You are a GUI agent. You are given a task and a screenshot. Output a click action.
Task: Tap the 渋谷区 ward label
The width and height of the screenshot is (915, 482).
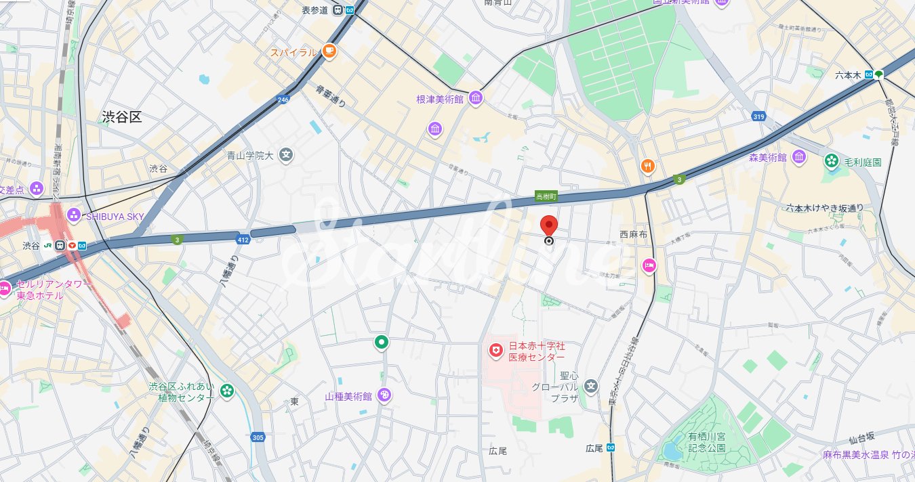click(x=122, y=117)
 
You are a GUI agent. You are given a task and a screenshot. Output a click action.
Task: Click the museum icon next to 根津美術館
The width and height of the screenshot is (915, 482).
click(x=475, y=98)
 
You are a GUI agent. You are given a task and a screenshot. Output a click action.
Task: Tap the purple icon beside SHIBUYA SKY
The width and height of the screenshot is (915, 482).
click(x=73, y=215)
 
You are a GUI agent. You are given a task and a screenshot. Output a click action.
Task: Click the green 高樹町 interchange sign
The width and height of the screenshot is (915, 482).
click(x=546, y=196)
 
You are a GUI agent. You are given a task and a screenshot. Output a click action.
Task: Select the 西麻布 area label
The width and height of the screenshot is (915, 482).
click(x=633, y=234)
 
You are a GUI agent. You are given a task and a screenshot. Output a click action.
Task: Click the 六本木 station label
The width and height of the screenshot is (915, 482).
click(x=848, y=75)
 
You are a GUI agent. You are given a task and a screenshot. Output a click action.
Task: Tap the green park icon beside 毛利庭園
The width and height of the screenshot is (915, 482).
click(x=831, y=161)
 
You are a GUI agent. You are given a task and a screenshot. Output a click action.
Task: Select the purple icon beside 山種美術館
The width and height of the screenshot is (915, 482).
click(x=384, y=395)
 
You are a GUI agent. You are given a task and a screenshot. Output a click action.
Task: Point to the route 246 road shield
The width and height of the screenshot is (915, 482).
click(x=283, y=100)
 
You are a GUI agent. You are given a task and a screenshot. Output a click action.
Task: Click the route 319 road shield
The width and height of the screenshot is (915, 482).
click(x=758, y=117)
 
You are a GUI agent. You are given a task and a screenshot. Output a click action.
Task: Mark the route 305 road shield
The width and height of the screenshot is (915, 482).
click(x=257, y=437)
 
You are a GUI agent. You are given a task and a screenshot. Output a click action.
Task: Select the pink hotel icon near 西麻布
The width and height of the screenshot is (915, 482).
click(x=649, y=265)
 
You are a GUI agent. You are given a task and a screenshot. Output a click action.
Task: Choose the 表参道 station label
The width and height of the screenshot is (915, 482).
click(x=314, y=9)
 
